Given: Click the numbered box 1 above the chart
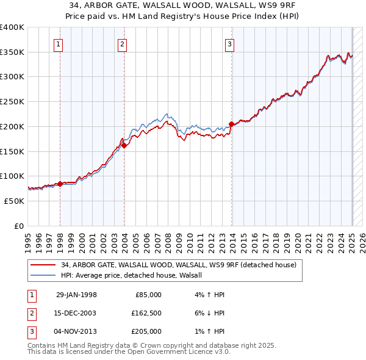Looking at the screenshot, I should (x=58, y=43).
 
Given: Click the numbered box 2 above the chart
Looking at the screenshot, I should (x=123, y=43).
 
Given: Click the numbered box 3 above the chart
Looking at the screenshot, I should (x=230, y=43).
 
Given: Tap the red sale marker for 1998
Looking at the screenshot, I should (x=60, y=183).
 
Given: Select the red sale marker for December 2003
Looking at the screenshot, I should (x=124, y=145).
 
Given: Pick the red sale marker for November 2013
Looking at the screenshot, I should (x=231, y=124).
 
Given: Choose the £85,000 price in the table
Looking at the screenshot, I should (x=147, y=295).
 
